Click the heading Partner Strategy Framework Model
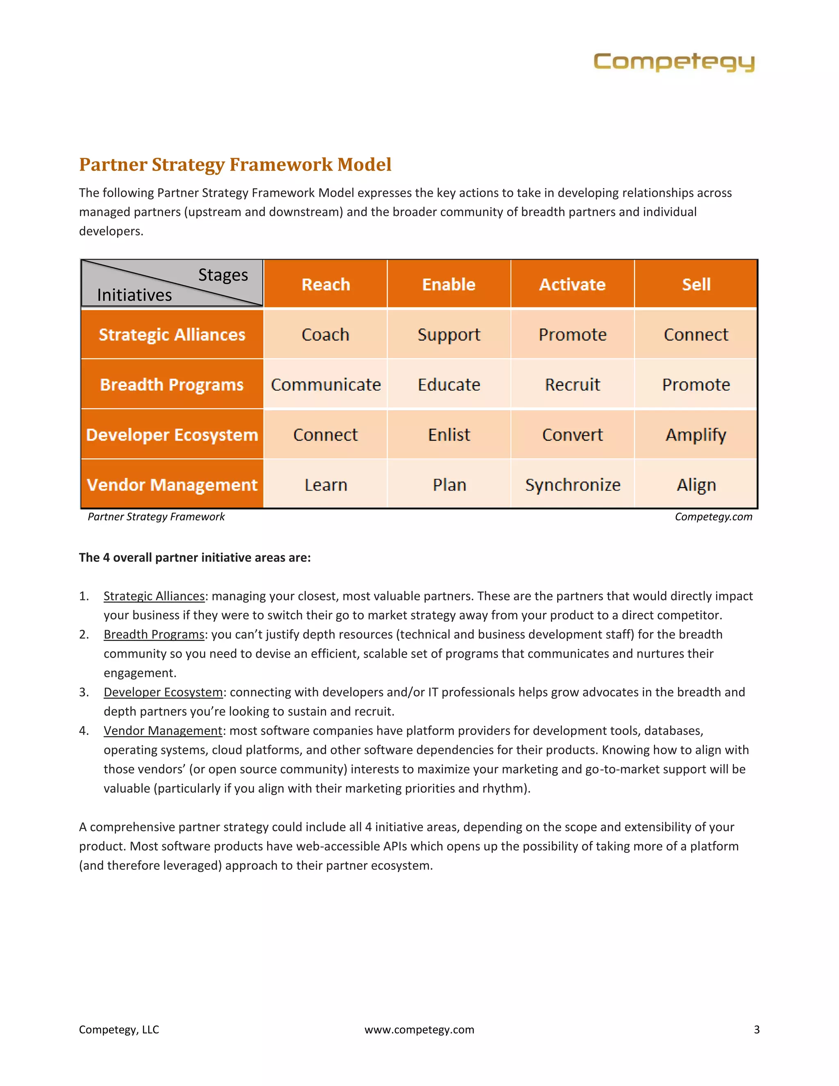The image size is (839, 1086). (235, 165)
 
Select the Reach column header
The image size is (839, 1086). (326, 284)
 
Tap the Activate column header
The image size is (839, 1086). (572, 284)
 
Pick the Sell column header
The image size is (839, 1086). (696, 284)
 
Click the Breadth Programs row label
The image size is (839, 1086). (172, 384)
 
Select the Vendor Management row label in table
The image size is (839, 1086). (172, 485)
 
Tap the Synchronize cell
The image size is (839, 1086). (573, 485)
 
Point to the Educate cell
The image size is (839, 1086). (449, 384)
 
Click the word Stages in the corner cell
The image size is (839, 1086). (223, 275)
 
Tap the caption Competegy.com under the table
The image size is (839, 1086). (713, 517)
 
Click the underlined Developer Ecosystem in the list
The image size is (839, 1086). (163, 692)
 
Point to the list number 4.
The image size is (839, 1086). (84, 730)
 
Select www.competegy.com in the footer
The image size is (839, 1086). (419, 1029)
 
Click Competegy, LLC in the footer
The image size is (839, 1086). (119, 1029)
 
